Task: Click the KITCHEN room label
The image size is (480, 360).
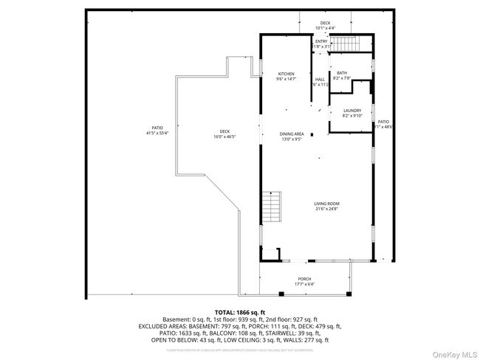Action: [x=287, y=74]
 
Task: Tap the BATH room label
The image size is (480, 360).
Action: [x=342, y=72]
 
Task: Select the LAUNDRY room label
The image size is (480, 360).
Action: [x=352, y=111]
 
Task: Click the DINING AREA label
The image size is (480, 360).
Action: [x=292, y=134]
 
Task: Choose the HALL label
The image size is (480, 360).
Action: [x=320, y=79]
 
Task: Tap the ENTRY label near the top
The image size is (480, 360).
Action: [x=321, y=41]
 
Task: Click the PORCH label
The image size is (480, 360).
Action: [x=304, y=279]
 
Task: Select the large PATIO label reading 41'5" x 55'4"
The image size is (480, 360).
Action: [x=157, y=128]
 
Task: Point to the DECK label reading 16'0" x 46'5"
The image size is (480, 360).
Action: [x=224, y=131]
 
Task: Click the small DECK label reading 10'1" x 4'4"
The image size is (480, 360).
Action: [x=325, y=24]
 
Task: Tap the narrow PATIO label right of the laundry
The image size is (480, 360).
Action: [x=383, y=121]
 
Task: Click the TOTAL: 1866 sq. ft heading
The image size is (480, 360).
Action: [x=239, y=311]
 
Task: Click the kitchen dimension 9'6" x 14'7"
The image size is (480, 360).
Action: [x=287, y=79]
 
